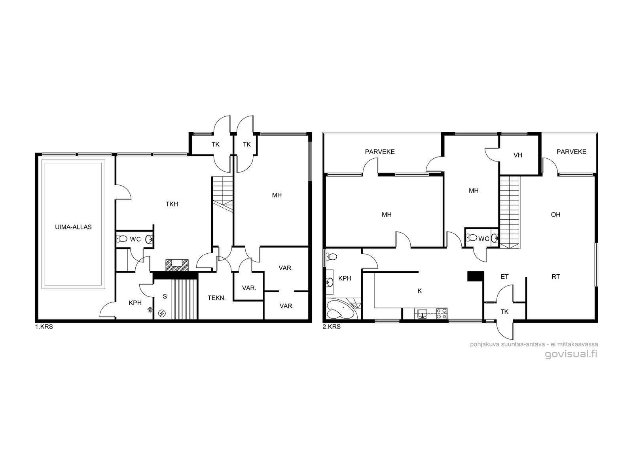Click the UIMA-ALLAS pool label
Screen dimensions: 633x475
click(x=73, y=227)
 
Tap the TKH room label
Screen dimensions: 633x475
click(x=172, y=204)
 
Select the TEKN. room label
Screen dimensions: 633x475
click(x=216, y=298)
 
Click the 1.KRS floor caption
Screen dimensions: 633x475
click(x=44, y=327)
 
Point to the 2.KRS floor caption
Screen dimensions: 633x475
click(x=332, y=327)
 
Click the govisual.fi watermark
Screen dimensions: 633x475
click(x=571, y=354)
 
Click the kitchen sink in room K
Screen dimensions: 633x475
click(x=422, y=313)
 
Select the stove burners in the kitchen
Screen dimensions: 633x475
click(x=442, y=313)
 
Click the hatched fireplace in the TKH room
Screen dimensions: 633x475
click(x=177, y=265)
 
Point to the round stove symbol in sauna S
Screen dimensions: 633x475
click(x=162, y=313)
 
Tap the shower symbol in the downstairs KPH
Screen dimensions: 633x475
click(x=150, y=310)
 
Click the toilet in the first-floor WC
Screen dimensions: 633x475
click(x=122, y=239)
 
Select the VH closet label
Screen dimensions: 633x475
click(x=518, y=155)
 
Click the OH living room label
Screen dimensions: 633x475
click(x=555, y=215)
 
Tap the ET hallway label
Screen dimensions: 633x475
click(x=504, y=277)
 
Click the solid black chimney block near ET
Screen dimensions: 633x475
click(x=476, y=276)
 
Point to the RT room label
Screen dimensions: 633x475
click(x=556, y=277)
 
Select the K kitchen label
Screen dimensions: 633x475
click(x=420, y=291)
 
